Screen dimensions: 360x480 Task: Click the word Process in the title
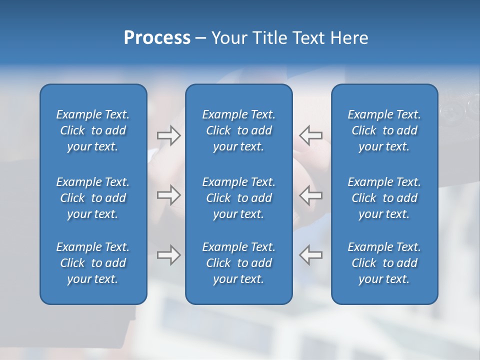[x=157, y=38]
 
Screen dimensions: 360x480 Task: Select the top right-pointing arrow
[x=168, y=135]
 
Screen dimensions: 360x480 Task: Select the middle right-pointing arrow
[x=168, y=195]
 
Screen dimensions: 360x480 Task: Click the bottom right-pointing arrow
[x=168, y=255]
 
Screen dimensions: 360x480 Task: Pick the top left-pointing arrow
[x=311, y=135]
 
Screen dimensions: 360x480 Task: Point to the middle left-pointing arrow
[x=311, y=195]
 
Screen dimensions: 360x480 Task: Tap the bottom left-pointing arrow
[x=311, y=255]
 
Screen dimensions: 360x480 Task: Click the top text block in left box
[x=93, y=130]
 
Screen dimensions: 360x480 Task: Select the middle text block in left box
[x=93, y=198]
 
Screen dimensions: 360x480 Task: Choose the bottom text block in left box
[x=93, y=263]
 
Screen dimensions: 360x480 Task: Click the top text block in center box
[x=239, y=130]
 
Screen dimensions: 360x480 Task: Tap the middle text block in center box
[x=239, y=198]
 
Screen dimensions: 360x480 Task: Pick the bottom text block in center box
[x=239, y=263]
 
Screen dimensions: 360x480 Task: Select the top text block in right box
[x=384, y=130]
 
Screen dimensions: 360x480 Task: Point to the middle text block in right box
[x=384, y=198]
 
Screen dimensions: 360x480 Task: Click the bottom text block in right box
[x=384, y=263]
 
